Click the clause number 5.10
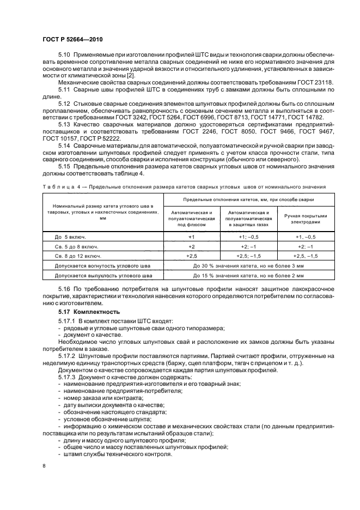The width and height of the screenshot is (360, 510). click(x=64, y=56)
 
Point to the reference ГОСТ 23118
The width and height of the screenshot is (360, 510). click(x=316, y=81)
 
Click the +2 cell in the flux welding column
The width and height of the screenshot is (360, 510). click(x=191, y=246)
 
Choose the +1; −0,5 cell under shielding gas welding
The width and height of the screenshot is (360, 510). click(x=248, y=237)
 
